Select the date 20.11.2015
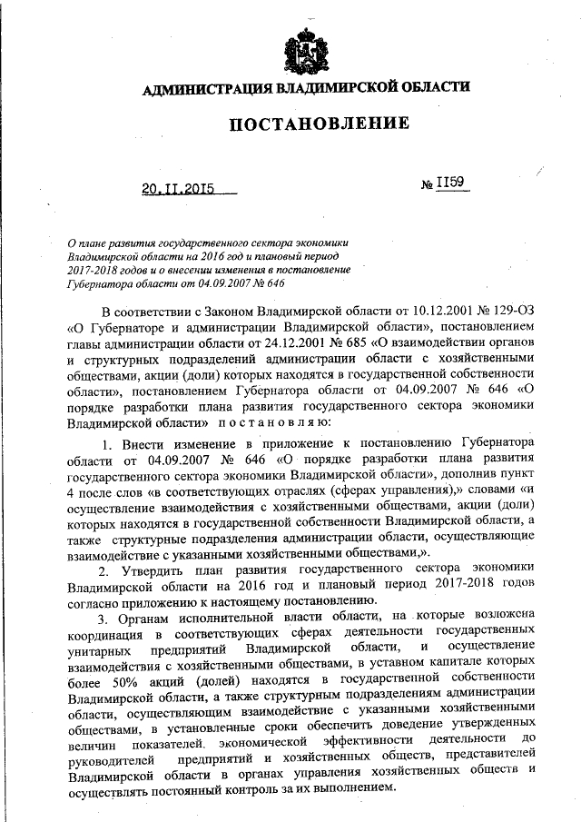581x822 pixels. coord(177,189)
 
